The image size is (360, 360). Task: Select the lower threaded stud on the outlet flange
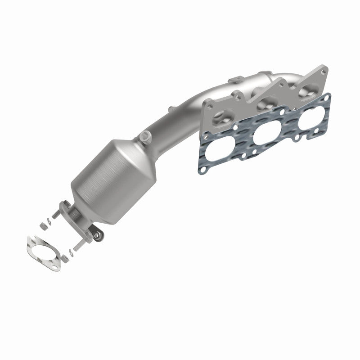[77, 246]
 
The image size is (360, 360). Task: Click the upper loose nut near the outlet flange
[45, 221]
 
